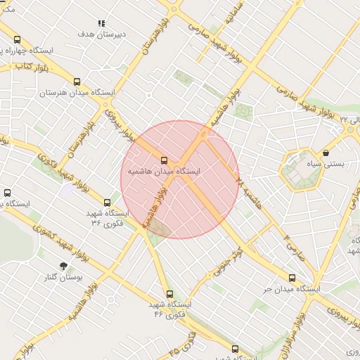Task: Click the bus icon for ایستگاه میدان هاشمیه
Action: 165,160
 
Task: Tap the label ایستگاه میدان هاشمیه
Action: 164,171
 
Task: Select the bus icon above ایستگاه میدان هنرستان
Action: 77,82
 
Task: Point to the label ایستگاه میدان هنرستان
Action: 77,93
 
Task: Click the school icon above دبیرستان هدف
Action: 102,23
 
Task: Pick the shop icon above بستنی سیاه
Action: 326,153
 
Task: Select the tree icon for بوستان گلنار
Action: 64,266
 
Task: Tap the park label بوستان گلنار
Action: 64,278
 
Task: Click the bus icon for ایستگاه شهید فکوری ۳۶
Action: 108,202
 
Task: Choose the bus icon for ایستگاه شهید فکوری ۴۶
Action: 169,294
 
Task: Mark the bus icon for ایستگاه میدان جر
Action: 292,277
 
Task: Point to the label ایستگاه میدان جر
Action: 292,288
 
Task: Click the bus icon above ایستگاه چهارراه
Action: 18,40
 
